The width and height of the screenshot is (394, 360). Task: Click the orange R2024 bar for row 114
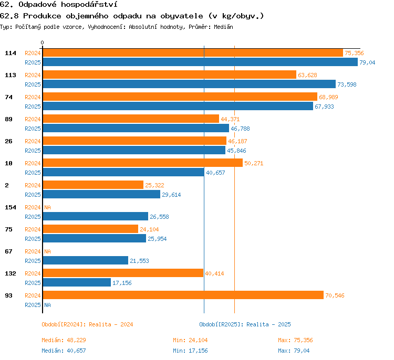click(193, 52)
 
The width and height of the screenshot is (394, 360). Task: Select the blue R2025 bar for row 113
click(189, 84)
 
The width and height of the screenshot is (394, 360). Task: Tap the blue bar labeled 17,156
click(77, 282)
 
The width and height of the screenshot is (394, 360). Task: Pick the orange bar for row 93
click(183, 295)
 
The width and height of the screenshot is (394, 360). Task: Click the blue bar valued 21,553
click(86, 260)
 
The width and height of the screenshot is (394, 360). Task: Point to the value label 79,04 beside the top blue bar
click(367, 62)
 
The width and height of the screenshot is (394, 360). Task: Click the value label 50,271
click(254, 163)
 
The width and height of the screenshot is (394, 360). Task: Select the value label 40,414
click(214, 273)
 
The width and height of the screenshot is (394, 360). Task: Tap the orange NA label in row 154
click(47, 207)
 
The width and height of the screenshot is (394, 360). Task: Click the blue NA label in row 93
click(47, 305)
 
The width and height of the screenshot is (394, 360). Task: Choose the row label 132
click(11, 273)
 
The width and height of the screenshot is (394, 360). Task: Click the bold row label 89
click(8, 119)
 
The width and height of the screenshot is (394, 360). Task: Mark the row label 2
click(7, 185)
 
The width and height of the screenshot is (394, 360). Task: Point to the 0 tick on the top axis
click(42, 43)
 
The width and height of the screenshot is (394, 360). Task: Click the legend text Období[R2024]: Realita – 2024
click(87, 324)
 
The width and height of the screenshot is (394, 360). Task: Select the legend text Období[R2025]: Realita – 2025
click(245, 324)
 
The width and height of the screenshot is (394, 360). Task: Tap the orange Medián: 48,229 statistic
click(64, 340)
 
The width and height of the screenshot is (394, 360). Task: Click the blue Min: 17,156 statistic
click(190, 351)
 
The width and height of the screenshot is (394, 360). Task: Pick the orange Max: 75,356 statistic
click(295, 340)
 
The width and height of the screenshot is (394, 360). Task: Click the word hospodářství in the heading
click(89, 5)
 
